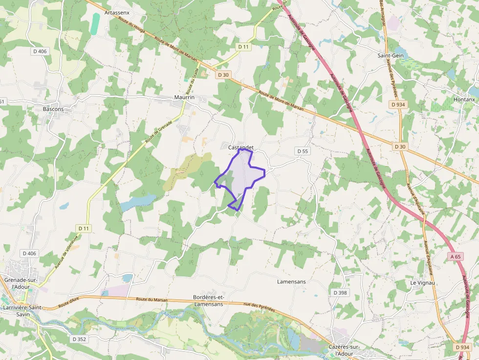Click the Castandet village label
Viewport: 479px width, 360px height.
241,147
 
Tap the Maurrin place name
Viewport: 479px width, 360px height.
184,97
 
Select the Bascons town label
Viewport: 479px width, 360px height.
53,109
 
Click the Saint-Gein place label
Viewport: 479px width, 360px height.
391,56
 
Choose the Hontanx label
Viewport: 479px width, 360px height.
464,99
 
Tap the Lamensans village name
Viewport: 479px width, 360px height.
291,282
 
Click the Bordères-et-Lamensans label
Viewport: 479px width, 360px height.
209,300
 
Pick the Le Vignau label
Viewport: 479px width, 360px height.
422,283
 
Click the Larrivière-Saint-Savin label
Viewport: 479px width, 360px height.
22,311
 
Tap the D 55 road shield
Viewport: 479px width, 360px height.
303,151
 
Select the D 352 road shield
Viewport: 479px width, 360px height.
79,339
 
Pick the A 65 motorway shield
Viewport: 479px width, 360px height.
456,256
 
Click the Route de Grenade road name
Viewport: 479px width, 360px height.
159,131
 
